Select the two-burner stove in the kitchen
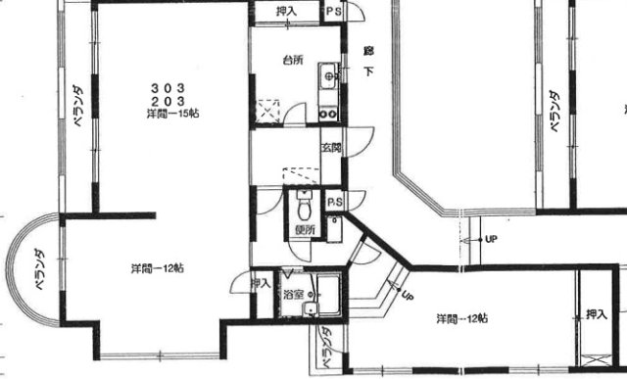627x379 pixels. pyautogui.click(x=328, y=110)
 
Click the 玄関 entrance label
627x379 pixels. pyautogui.click(x=330, y=149)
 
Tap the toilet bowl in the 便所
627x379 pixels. pyautogui.click(x=304, y=208)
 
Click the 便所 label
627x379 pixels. pyautogui.click(x=304, y=230)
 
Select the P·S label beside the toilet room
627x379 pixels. pyautogui.click(x=334, y=202)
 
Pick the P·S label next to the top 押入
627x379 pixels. pyautogui.click(x=335, y=14)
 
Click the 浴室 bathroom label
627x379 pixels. pyautogui.click(x=292, y=293)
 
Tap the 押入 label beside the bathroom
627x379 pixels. pyautogui.click(x=260, y=284)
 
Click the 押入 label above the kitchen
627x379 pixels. pyautogui.click(x=286, y=13)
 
